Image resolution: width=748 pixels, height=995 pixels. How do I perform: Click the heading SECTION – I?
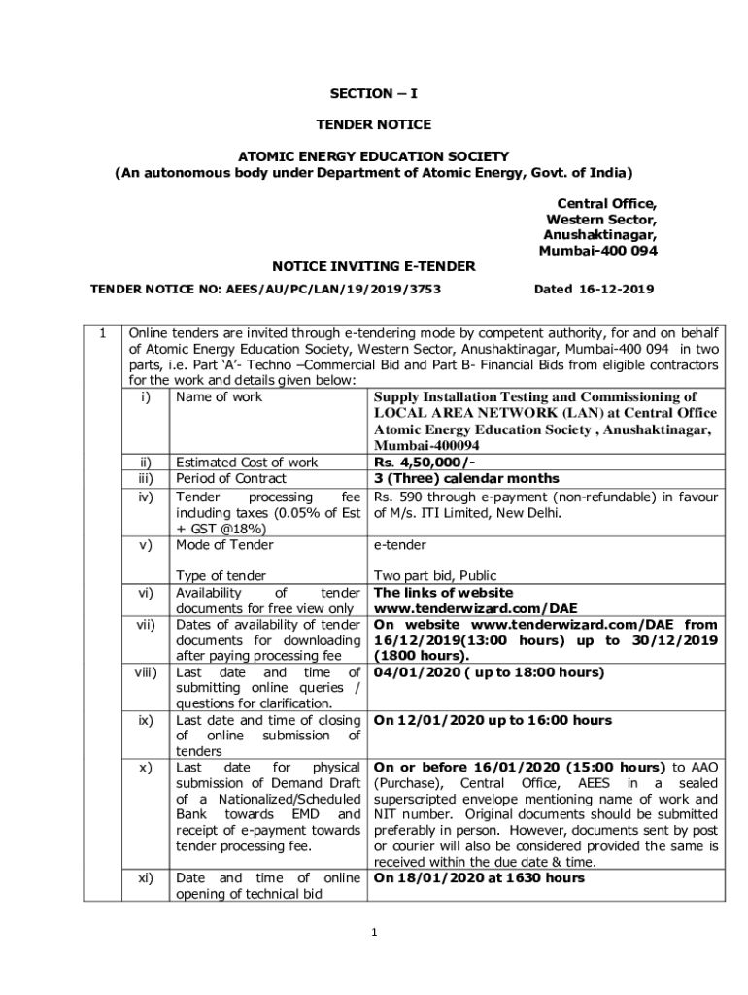tap(373, 94)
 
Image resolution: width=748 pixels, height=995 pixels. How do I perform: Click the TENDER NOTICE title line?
tap(373, 124)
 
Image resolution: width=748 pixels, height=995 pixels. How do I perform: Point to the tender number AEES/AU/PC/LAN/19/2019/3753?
tap(333, 289)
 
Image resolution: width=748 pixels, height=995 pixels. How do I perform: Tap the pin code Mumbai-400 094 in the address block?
tap(597, 250)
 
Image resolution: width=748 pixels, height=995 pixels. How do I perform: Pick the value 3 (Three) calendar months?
tap(466, 478)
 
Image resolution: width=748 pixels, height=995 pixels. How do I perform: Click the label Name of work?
tap(219, 397)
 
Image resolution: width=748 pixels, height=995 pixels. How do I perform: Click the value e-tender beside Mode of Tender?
tap(399, 545)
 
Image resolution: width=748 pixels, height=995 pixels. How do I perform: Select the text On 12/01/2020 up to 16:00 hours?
tap(493, 720)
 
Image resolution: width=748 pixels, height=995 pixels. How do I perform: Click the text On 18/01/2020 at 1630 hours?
tap(479, 877)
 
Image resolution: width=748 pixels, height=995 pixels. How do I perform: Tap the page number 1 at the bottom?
tap(373, 933)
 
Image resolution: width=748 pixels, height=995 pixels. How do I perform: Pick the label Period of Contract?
tap(230, 478)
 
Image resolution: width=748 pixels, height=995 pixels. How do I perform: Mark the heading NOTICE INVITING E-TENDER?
tap(373, 265)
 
